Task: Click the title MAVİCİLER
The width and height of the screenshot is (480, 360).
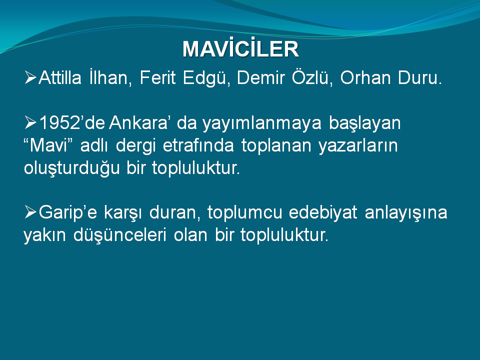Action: [240, 48]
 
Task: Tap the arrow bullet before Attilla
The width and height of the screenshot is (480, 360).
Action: [30, 77]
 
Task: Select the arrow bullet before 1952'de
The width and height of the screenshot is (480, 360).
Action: [30, 122]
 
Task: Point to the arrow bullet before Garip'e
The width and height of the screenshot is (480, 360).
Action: [30, 212]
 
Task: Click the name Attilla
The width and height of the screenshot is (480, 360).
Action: [60, 77]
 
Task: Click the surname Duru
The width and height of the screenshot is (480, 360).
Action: [420, 78]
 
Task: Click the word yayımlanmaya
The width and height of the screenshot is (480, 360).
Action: [261, 123]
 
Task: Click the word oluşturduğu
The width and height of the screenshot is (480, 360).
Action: [71, 168]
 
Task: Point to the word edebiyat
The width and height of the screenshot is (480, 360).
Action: [323, 212]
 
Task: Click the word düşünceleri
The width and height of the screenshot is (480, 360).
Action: [120, 235]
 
